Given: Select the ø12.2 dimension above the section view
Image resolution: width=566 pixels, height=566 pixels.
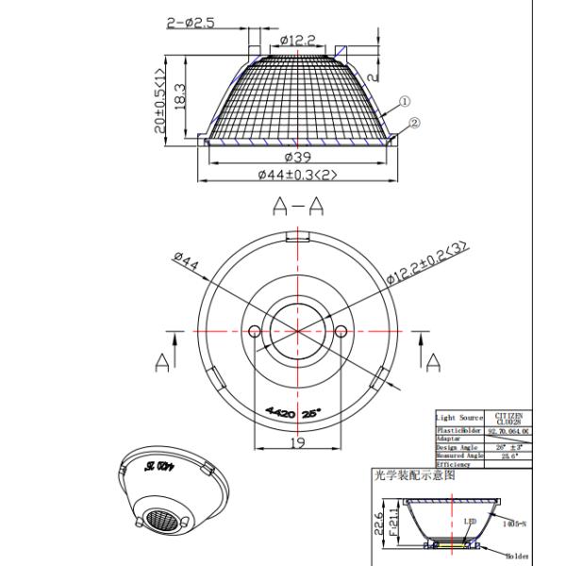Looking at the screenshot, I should pos(298,40).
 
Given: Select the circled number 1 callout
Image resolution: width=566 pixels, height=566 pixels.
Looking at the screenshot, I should pos(403,101).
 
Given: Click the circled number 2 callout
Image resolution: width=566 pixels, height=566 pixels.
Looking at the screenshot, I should pos(415,122).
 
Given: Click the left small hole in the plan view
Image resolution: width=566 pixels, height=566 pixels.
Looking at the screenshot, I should pos(253,329).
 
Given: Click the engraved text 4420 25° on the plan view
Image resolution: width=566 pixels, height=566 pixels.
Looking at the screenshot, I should pos(293,412).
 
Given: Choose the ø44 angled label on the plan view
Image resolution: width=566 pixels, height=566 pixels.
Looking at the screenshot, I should pos(187,265).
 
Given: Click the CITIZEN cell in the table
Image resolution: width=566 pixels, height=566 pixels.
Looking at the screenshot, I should pos(508,418).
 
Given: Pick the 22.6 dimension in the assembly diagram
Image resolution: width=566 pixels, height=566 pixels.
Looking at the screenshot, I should pos(379,520).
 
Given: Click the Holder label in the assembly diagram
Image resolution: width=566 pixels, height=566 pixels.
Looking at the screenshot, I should pos(516,558).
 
